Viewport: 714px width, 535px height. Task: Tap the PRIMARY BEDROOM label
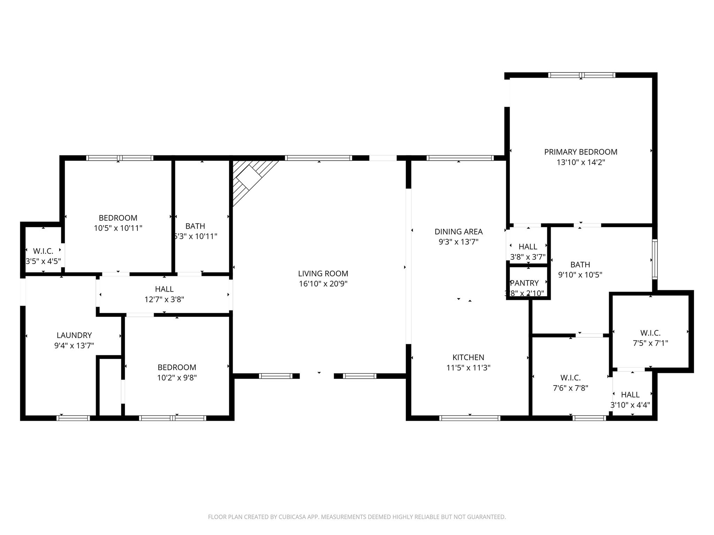click(580, 152)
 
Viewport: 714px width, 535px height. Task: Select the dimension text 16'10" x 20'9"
click(323, 284)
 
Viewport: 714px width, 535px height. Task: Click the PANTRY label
click(524, 283)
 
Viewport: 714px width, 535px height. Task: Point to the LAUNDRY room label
click(74, 335)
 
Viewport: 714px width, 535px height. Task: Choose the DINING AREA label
click(458, 232)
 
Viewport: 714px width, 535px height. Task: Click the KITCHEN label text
click(468, 357)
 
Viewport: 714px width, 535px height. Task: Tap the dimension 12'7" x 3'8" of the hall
click(164, 299)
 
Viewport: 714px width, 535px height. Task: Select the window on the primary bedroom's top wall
click(582, 75)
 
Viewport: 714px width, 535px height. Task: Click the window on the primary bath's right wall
click(655, 259)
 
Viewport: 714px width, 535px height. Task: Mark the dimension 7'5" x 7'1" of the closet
click(650, 343)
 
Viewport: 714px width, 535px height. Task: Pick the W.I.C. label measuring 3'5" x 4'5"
click(43, 251)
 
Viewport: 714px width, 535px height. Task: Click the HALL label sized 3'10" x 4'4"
click(630, 395)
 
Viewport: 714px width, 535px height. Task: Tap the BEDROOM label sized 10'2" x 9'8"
click(177, 367)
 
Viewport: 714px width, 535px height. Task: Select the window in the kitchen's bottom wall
click(470, 418)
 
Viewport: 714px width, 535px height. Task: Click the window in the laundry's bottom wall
click(73, 418)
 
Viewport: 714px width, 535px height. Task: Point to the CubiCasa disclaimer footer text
click(357, 517)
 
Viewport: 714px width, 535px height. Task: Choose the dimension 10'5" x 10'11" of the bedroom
click(118, 228)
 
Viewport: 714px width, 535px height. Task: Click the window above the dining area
click(460, 158)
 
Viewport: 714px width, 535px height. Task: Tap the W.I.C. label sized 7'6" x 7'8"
click(570, 378)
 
